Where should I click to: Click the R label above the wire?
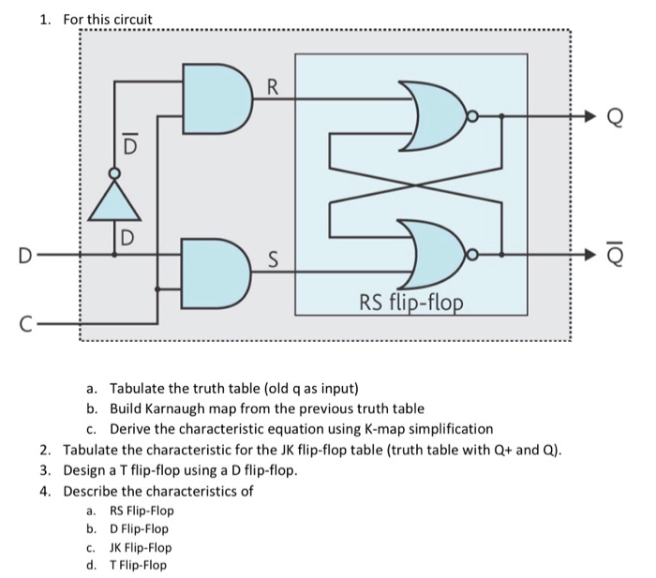[x=272, y=90]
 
